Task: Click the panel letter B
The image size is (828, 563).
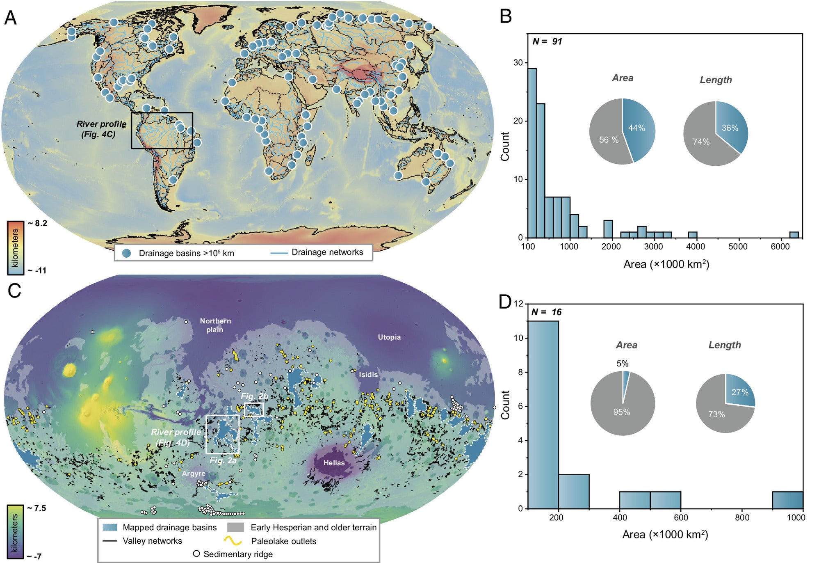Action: [506, 16]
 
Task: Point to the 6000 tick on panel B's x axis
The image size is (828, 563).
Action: [780, 247]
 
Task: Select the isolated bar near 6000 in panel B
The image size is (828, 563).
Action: [794, 235]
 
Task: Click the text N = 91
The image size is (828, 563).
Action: [547, 41]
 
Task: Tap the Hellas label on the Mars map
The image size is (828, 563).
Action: [334, 463]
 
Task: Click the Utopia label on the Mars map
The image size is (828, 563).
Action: [389, 337]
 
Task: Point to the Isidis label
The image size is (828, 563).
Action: [368, 375]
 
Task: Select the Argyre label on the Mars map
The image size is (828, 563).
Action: [194, 474]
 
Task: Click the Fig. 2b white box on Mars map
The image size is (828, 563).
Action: [253, 409]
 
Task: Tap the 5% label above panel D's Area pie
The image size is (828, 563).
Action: [622, 364]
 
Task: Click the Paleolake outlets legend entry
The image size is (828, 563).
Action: [283, 541]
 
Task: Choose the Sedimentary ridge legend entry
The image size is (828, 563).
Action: [237, 554]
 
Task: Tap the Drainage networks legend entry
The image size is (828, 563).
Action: [327, 252]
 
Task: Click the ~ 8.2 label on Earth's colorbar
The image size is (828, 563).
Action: [38, 223]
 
